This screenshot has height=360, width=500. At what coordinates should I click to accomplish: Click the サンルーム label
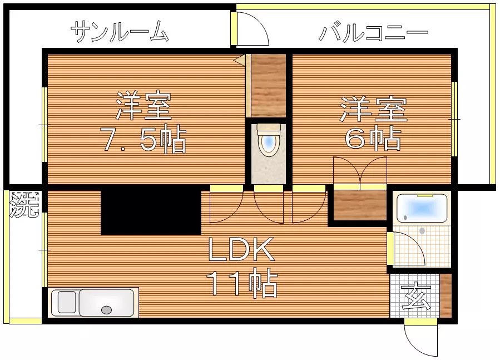(119, 32)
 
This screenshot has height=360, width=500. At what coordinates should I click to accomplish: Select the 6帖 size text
(373, 137)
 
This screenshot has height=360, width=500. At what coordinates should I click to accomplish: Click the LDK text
(241, 249)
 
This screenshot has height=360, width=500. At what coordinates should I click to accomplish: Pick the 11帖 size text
(241, 283)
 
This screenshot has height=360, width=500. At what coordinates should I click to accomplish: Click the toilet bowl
(269, 140)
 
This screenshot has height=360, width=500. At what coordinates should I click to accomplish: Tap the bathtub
(422, 208)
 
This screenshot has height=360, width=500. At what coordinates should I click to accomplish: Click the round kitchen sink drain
(106, 309)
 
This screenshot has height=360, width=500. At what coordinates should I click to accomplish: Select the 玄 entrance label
(416, 295)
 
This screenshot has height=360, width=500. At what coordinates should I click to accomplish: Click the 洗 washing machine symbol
(24, 205)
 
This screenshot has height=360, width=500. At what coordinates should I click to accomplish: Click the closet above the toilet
(268, 86)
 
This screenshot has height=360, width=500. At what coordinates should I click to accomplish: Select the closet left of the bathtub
(360, 205)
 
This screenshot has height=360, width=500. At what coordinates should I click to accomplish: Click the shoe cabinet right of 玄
(445, 295)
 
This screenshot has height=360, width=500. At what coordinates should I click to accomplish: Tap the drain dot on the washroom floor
(423, 231)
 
